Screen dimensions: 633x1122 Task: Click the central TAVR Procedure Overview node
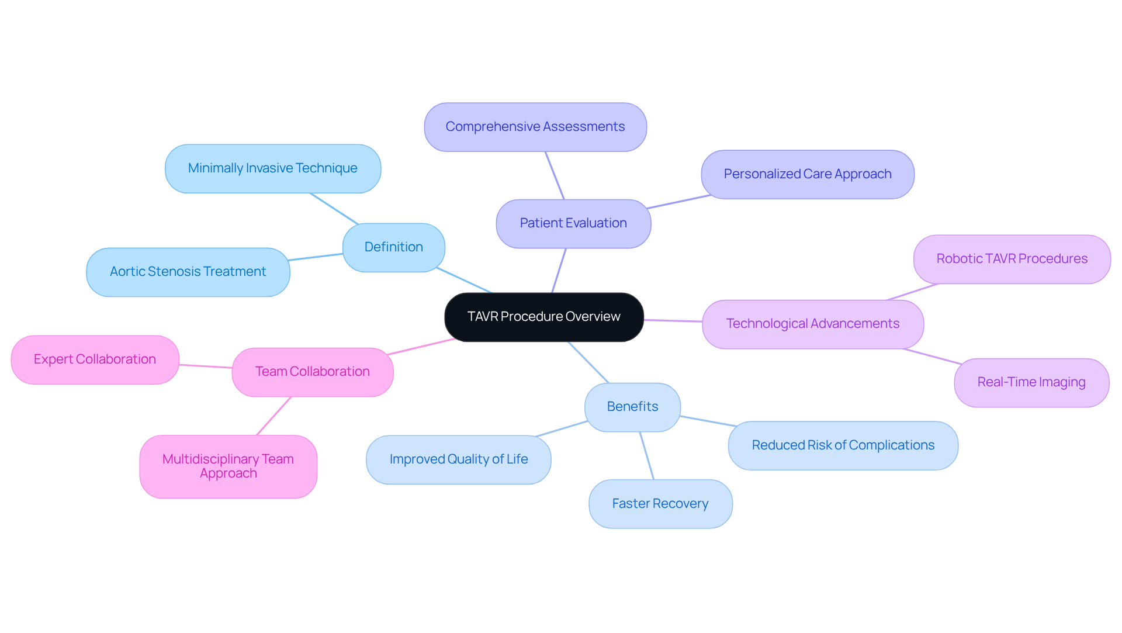pyautogui.click(x=543, y=317)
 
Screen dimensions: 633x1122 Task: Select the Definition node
pyautogui.click(x=393, y=247)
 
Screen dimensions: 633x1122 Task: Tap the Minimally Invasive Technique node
pyautogui.click(x=272, y=168)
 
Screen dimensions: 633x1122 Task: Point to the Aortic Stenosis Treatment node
pyautogui.click(x=188, y=272)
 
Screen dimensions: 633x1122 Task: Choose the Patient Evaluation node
pyautogui.click(x=573, y=223)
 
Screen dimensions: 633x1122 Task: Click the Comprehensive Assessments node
pyautogui.click(x=535, y=127)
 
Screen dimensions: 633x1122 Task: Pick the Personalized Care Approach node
pyautogui.click(x=807, y=174)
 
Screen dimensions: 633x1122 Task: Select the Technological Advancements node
pyautogui.click(x=812, y=324)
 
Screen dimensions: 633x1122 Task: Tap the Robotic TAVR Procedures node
pyautogui.click(x=1012, y=259)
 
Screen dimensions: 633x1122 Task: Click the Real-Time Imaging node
pyautogui.click(x=1031, y=382)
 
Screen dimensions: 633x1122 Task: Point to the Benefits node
pyautogui.click(x=632, y=407)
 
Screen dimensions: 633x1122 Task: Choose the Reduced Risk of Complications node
pyautogui.click(x=843, y=445)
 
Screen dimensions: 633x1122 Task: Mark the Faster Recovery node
pyautogui.click(x=660, y=504)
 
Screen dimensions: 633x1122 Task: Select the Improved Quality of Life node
pyautogui.click(x=458, y=459)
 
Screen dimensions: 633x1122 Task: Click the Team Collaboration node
pyautogui.click(x=312, y=372)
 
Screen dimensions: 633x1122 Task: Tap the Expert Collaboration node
pyautogui.click(x=95, y=359)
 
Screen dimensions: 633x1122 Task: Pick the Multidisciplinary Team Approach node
pyautogui.click(x=228, y=466)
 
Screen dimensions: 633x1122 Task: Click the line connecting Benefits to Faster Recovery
pyautogui.click(x=647, y=456)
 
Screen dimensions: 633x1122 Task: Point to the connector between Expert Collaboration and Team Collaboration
pyautogui.click(x=206, y=366)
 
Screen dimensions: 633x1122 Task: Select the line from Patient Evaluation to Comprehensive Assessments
pyautogui.click(x=555, y=175)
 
